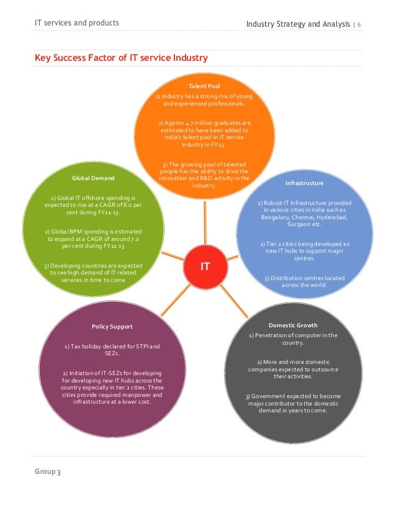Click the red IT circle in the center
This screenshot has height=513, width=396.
click(x=204, y=266)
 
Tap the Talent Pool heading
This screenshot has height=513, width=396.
click(x=204, y=86)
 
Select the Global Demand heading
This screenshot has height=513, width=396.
click(x=93, y=178)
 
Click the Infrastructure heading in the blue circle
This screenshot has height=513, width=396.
click(x=304, y=184)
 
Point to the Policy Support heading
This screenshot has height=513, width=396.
click(x=112, y=326)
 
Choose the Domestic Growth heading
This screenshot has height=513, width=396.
click(x=293, y=325)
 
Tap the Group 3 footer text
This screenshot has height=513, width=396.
click(x=48, y=472)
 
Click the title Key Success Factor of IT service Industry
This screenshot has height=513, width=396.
click(x=121, y=58)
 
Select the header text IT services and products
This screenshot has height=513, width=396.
click(x=77, y=24)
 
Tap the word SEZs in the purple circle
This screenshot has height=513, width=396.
click(x=112, y=353)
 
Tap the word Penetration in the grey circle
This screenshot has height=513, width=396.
click(x=272, y=335)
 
